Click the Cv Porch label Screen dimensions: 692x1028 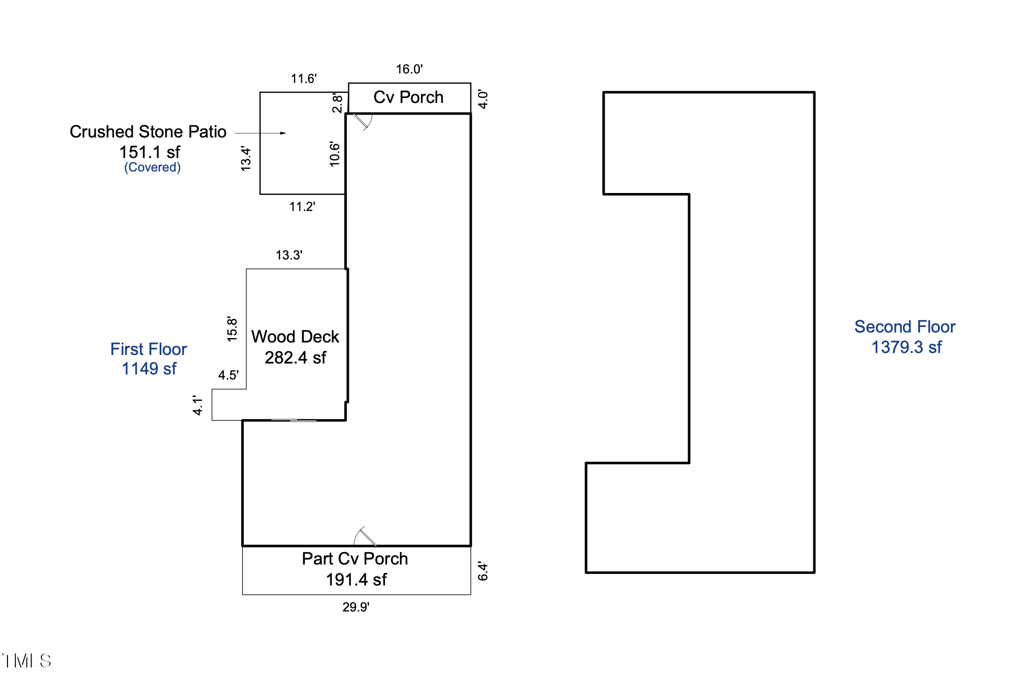pyautogui.click(x=408, y=97)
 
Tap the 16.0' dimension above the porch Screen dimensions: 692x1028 pyautogui.click(x=409, y=69)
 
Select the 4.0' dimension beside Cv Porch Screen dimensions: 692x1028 pyautogui.click(x=483, y=99)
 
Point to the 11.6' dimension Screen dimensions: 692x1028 pyautogui.click(x=304, y=78)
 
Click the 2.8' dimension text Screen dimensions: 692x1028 pyautogui.click(x=338, y=103)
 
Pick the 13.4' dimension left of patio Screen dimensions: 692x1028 pyautogui.click(x=246, y=159)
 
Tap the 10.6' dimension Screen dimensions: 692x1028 pyautogui.click(x=335, y=154)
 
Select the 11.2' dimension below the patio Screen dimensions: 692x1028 pyautogui.click(x=302, y=206)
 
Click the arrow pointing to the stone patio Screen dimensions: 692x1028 pyautogui.click(x=260, y=133)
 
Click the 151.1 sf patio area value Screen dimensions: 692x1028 pyautogui.click(x=150, y=152)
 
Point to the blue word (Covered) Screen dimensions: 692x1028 pyautogui.click(x=153, y=167)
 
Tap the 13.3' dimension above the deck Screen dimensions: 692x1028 pyautogui.click(x=289, y=255)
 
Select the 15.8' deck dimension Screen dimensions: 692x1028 pyautogui.click(x=232, y=329)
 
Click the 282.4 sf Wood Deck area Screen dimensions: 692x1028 pyautogui.click(x=295, y=357)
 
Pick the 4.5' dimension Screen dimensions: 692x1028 pyautogui.click(x=228, y=375)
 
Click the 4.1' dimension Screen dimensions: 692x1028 pyautogui.click(x=198, y=405)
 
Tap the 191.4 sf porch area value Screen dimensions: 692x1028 pyautogui.click(x=356, y=579)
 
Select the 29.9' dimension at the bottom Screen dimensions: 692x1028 pyautogui.click(x=356, y=607)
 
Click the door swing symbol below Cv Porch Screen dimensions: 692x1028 pyautogui.click(x=363, y=121)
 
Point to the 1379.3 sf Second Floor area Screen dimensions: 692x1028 pyautogui.click(x=906, y=347)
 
